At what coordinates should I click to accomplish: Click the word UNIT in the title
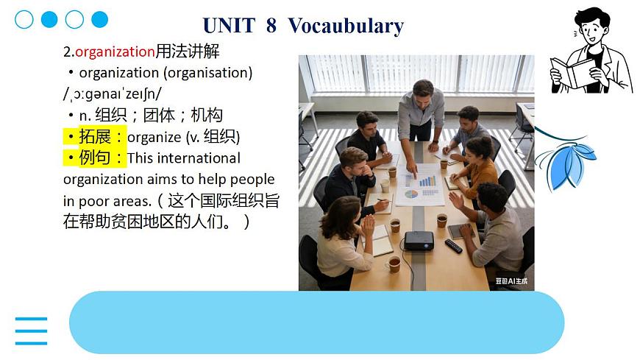coord(227,26)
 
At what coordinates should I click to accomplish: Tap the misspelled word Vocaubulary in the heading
coord(346,26)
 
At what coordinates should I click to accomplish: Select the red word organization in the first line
coord(115,52)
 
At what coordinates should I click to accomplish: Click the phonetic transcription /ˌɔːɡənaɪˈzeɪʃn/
coord(113,94)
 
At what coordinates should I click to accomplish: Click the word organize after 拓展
coord(154,137)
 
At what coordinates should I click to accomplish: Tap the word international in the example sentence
coord(198,158)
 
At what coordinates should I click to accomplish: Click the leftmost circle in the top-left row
coord(24,19)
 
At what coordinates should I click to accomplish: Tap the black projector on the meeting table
coord(419,239)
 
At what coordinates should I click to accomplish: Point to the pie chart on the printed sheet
coord(411,194)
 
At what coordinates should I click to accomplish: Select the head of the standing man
coord(422,91)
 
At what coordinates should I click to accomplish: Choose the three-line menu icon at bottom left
coord(31,331)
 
